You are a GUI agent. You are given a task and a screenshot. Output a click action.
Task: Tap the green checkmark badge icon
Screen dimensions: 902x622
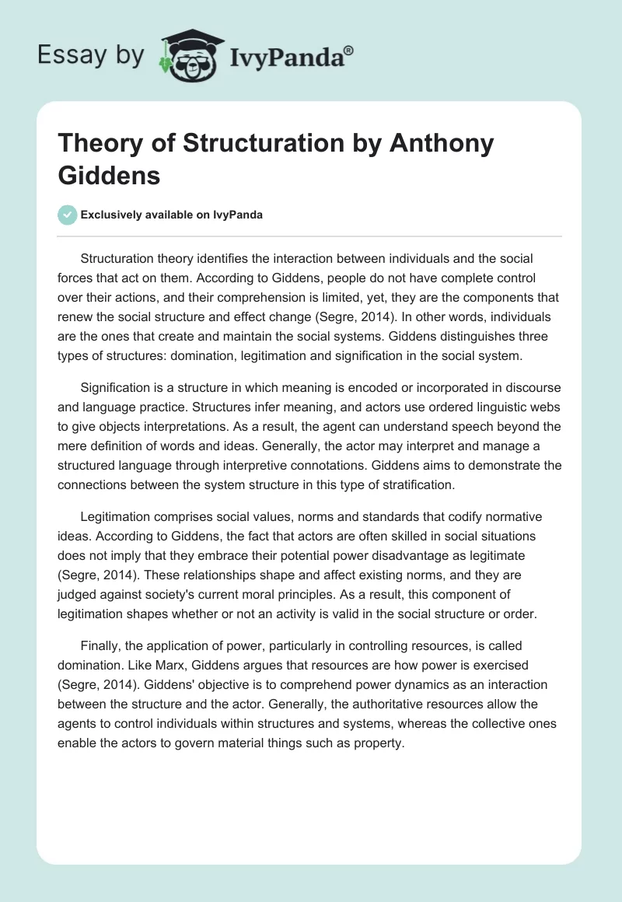click(68, 215)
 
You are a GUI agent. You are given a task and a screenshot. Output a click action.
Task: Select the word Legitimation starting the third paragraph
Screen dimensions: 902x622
click(117, 516)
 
